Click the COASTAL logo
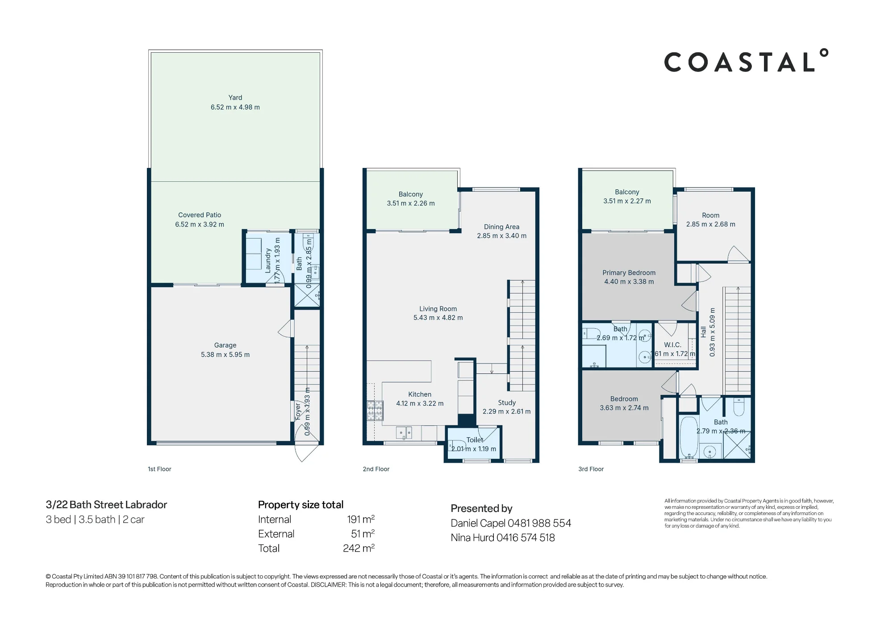pos(746,61)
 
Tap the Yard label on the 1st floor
pos(235,97)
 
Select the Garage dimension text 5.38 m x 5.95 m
pos(225,355)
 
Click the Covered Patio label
pos(200,215)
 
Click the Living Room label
pos(438,309)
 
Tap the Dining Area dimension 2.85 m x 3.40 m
pos(501,236)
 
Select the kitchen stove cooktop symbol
pos(375,410)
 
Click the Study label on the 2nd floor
pos(507,402)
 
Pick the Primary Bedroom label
pos(629,272)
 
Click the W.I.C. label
pos(672,345)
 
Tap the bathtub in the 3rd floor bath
pos(689,437)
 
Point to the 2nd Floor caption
pos(376,469)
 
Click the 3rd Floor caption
pos(591,469)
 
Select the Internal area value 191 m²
pos(361,519)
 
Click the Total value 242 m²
pos(359,548)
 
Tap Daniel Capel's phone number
pos(539,523)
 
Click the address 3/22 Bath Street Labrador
pos(106,505)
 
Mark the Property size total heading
pos(300,505)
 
